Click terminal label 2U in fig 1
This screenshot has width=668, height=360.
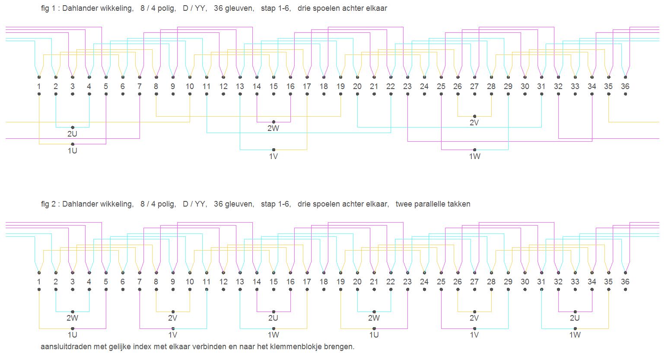click(72, 134)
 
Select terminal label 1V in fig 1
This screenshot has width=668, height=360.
click(273, 156)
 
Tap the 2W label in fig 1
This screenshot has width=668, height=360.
click(273, 128)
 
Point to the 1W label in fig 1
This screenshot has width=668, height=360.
click(474, 156)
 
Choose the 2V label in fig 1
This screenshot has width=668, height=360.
click(474, 123)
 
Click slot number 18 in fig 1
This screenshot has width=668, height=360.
click(324, 86)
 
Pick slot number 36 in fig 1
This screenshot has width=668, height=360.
click(625, 86)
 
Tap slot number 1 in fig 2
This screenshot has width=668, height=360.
click(39, 282)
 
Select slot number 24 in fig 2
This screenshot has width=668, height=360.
click(424, 282)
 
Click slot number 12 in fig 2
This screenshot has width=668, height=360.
click(223, 282)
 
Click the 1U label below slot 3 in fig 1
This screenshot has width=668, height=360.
click(72, 151)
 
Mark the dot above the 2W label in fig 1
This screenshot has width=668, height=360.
click(274, 122)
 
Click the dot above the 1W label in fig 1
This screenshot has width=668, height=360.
click(474, 150)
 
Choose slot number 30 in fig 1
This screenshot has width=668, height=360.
click(525, 86)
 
